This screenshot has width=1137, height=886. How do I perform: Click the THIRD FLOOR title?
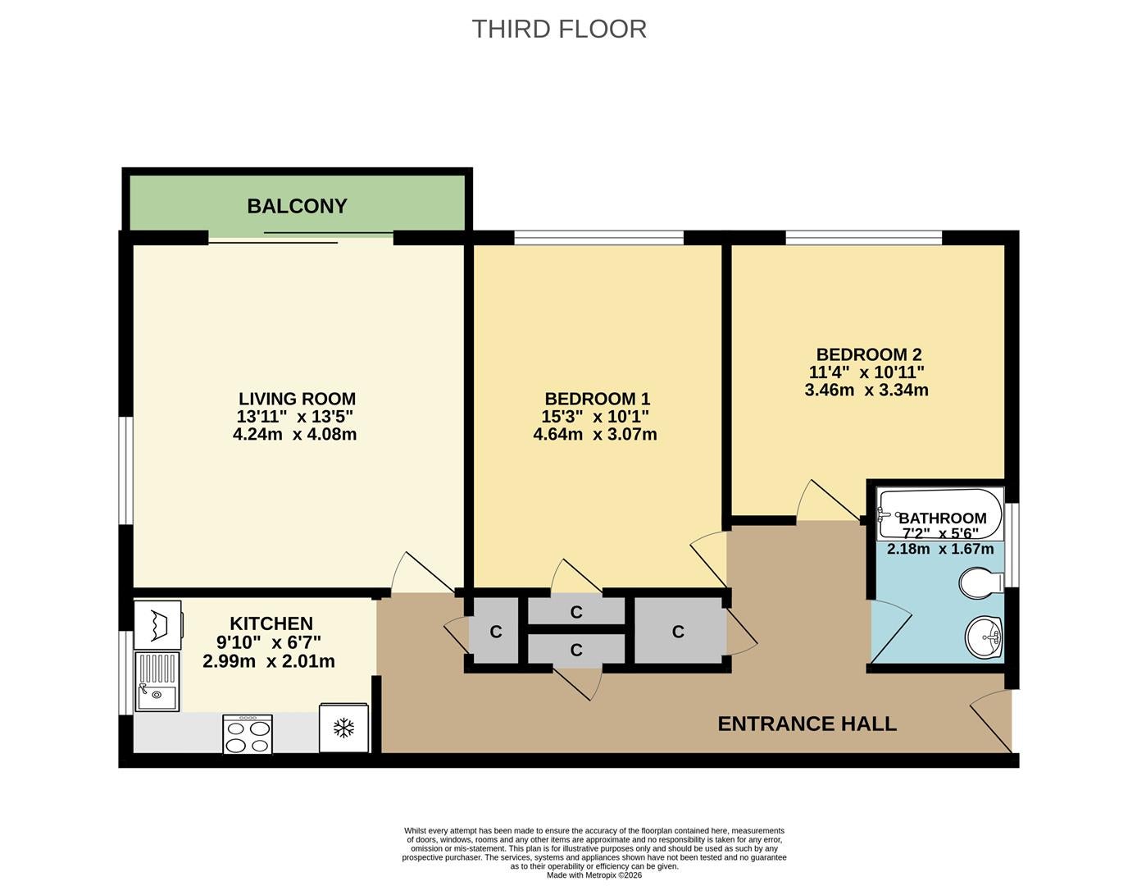tap(559, 30)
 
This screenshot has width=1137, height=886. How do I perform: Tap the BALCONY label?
tap(297, 206)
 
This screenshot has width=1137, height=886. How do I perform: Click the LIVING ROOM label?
tap(297, 399)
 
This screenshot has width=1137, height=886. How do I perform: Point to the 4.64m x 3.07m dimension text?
tap(595, 435)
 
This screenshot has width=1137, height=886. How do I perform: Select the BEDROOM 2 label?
tap(869, 354)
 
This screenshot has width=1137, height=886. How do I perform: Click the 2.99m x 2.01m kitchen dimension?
tap(268, 661)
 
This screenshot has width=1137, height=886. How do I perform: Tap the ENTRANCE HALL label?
tap(807, 724)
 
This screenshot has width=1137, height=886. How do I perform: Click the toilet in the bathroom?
tap(981, 582)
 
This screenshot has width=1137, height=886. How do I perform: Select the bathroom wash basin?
tap(984, 637)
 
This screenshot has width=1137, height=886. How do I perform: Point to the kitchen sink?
tap(157, 681)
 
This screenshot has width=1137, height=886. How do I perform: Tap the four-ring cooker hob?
tap(248, 735)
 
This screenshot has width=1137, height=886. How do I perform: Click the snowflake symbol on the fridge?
tap(343, 728)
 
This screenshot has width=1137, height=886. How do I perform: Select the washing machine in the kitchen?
tap(158, 625)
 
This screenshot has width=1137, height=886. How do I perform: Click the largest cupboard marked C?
tap(679, 632)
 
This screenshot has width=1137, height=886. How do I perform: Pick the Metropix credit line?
tap(594, 875)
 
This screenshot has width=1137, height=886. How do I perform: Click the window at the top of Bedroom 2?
tap(864, 238)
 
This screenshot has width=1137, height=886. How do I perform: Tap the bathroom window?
tap(1015, 545)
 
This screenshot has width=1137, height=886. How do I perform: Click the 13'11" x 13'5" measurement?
tap(295, 417)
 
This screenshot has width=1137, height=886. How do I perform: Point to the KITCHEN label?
tap(271, 623)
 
